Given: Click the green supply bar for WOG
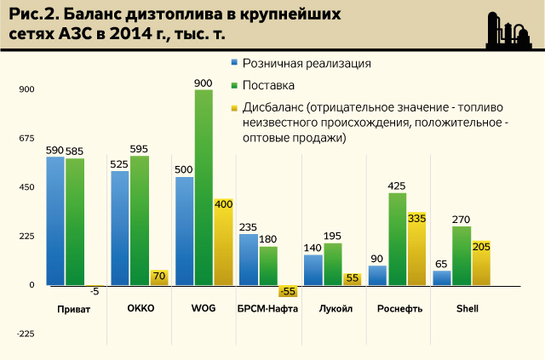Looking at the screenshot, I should coord(204,187).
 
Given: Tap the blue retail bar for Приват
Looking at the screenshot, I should coord(55,220).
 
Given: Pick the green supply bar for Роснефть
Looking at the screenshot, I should coord(397,238).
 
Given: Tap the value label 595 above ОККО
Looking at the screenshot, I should coord(140,149).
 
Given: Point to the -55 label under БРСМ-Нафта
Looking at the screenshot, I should coord(289,291).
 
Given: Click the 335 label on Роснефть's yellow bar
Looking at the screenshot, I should coord(416,218).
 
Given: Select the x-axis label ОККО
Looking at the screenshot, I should coord(140,309).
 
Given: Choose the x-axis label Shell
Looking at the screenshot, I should coord(462,309).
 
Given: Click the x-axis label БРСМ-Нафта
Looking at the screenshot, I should coord(268,309).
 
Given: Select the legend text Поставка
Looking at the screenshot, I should coord(268,86).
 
